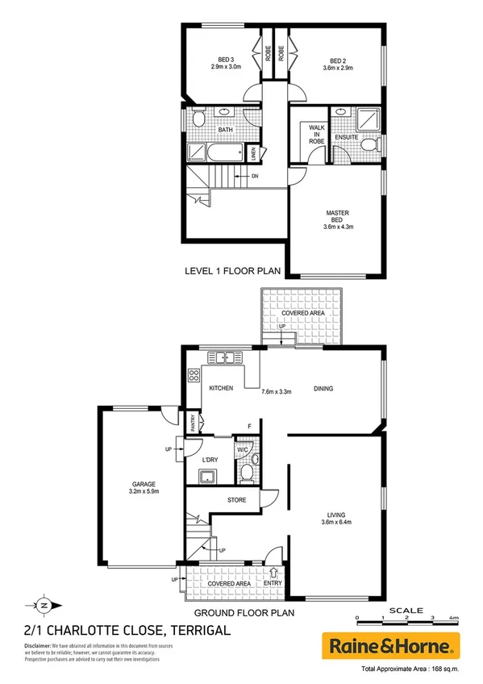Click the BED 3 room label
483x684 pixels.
tap(225, 59)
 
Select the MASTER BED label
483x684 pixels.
tap(337, 213)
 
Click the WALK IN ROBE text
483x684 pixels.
tap(314, 136)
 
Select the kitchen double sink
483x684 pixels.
tap(223, 357)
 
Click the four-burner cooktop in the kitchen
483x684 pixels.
tap(194, 374)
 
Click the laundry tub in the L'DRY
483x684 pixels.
tap(208, 475)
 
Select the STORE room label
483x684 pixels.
tap(237, 501)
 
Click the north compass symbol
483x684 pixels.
tap(44, 605)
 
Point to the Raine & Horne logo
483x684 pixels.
tap(391, 644)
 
